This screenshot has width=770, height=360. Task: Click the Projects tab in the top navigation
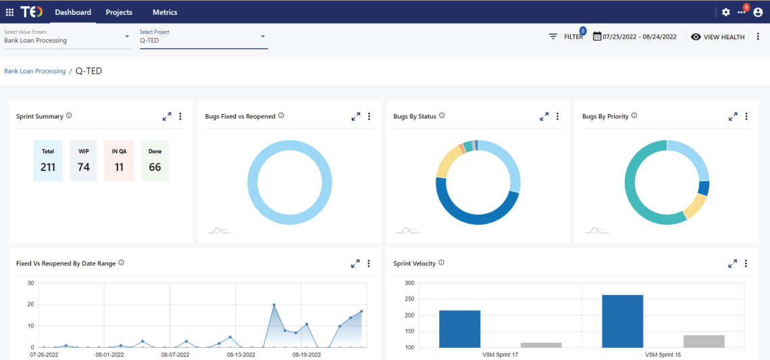(119, 12)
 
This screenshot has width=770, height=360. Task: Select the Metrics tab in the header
(165, 12)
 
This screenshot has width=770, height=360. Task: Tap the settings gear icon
(726, 12)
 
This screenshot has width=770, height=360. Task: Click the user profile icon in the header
(757, 12)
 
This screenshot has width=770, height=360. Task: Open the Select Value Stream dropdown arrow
(127, 36)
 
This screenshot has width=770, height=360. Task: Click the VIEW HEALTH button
(718, 36)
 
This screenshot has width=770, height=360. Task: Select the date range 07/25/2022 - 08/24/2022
(635, 36)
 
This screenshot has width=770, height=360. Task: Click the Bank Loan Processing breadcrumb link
(35, 71)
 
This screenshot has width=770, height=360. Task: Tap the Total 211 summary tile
(48, 161)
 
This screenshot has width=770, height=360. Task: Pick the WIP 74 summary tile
(84, 161)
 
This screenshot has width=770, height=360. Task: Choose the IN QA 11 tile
(119, 161)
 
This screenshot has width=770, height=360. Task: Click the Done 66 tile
(155, 161)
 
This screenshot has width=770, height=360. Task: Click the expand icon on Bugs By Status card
(544, 117)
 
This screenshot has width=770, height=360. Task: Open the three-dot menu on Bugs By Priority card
(746, 117)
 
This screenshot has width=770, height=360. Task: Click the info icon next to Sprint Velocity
(441, 263)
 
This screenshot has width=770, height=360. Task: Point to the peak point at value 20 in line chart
(274, 305)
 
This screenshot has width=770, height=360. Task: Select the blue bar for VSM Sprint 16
(622, 321)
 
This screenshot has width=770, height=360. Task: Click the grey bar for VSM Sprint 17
(541, 344)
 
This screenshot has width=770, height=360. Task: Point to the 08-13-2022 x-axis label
(241, 353)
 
